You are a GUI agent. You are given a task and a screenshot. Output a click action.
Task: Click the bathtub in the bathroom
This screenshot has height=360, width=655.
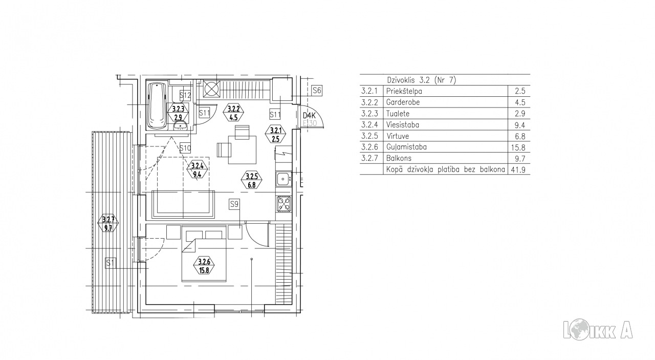[x=157, y=105]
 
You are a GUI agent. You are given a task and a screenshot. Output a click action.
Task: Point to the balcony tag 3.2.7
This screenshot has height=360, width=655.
[x=108, y=224]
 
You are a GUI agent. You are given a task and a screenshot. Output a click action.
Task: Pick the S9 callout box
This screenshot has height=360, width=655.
[x=234, y=204]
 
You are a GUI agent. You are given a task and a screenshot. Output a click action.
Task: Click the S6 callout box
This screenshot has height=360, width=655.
[x=317, y=91]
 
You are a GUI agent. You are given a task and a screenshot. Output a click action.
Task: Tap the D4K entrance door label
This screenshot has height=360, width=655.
[x=309, y=116]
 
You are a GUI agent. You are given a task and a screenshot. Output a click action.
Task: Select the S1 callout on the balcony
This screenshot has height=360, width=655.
[x=110, y=263]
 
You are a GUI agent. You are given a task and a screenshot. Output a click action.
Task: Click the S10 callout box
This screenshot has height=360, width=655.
[x=185, y=148]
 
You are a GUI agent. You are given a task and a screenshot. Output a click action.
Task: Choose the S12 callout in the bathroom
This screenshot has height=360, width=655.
[x=185, y=95]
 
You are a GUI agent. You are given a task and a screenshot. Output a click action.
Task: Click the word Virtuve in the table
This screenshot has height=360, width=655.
[x=398, y=136]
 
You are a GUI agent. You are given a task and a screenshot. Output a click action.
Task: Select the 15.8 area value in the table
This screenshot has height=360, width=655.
[x=518, y=147]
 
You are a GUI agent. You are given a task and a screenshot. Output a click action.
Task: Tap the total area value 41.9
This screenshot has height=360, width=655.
[x=518, y=170]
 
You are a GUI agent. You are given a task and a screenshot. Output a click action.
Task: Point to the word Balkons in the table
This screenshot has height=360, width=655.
[x=399, y=158]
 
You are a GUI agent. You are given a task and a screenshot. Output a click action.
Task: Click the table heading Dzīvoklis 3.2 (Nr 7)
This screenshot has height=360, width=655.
[x=421, y=80]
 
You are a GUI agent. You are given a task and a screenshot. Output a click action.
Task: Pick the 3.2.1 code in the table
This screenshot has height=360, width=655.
[x=369, y=91]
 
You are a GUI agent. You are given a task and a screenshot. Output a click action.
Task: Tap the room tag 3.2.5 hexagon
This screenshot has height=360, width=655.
[x=251, y=181]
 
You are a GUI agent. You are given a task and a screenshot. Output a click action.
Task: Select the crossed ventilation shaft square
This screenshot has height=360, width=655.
[x=211, y=89]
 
